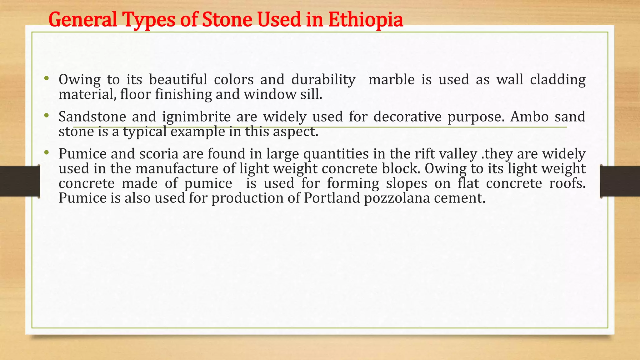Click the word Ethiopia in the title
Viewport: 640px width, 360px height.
366,19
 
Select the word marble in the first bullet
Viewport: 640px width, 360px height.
391,80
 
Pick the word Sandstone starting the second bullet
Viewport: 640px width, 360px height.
92,117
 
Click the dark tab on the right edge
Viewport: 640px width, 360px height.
620,181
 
